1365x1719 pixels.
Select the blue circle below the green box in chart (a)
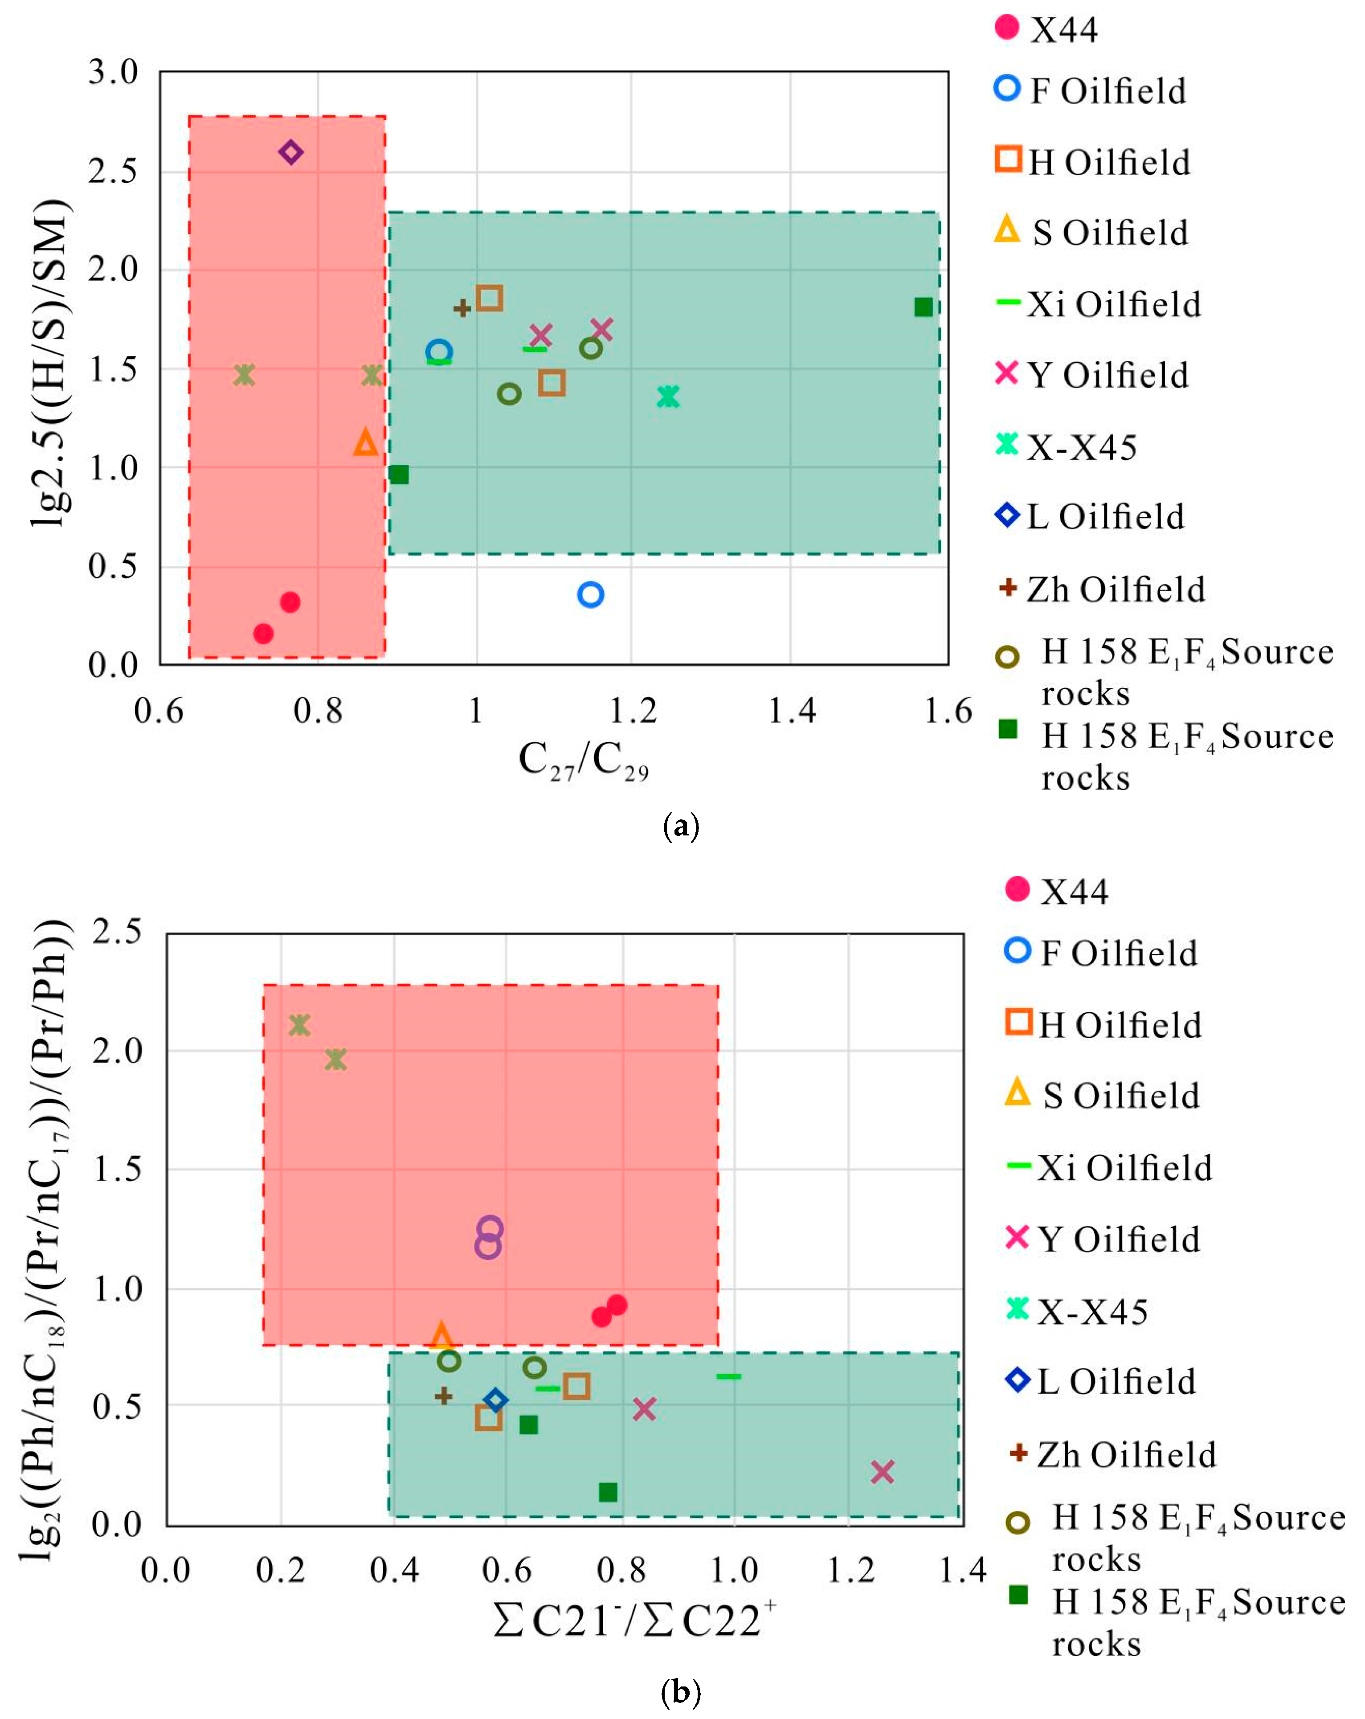(x=590, y=594)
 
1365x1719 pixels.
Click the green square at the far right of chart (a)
(x=923, y=307)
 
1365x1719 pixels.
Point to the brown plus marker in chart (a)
(x=462, y=308)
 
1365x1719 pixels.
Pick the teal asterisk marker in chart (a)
(x=668, y=396)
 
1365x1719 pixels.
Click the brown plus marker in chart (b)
(x=443, y=1395)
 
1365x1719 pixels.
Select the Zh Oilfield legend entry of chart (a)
(x=1101, y=589)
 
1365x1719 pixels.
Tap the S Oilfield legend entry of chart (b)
(x=1102, y=1096)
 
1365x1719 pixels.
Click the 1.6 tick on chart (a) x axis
(x=948, y=710)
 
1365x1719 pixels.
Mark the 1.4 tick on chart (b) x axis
(x=963, y=1571)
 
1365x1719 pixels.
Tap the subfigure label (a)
(x=681, y=826)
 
